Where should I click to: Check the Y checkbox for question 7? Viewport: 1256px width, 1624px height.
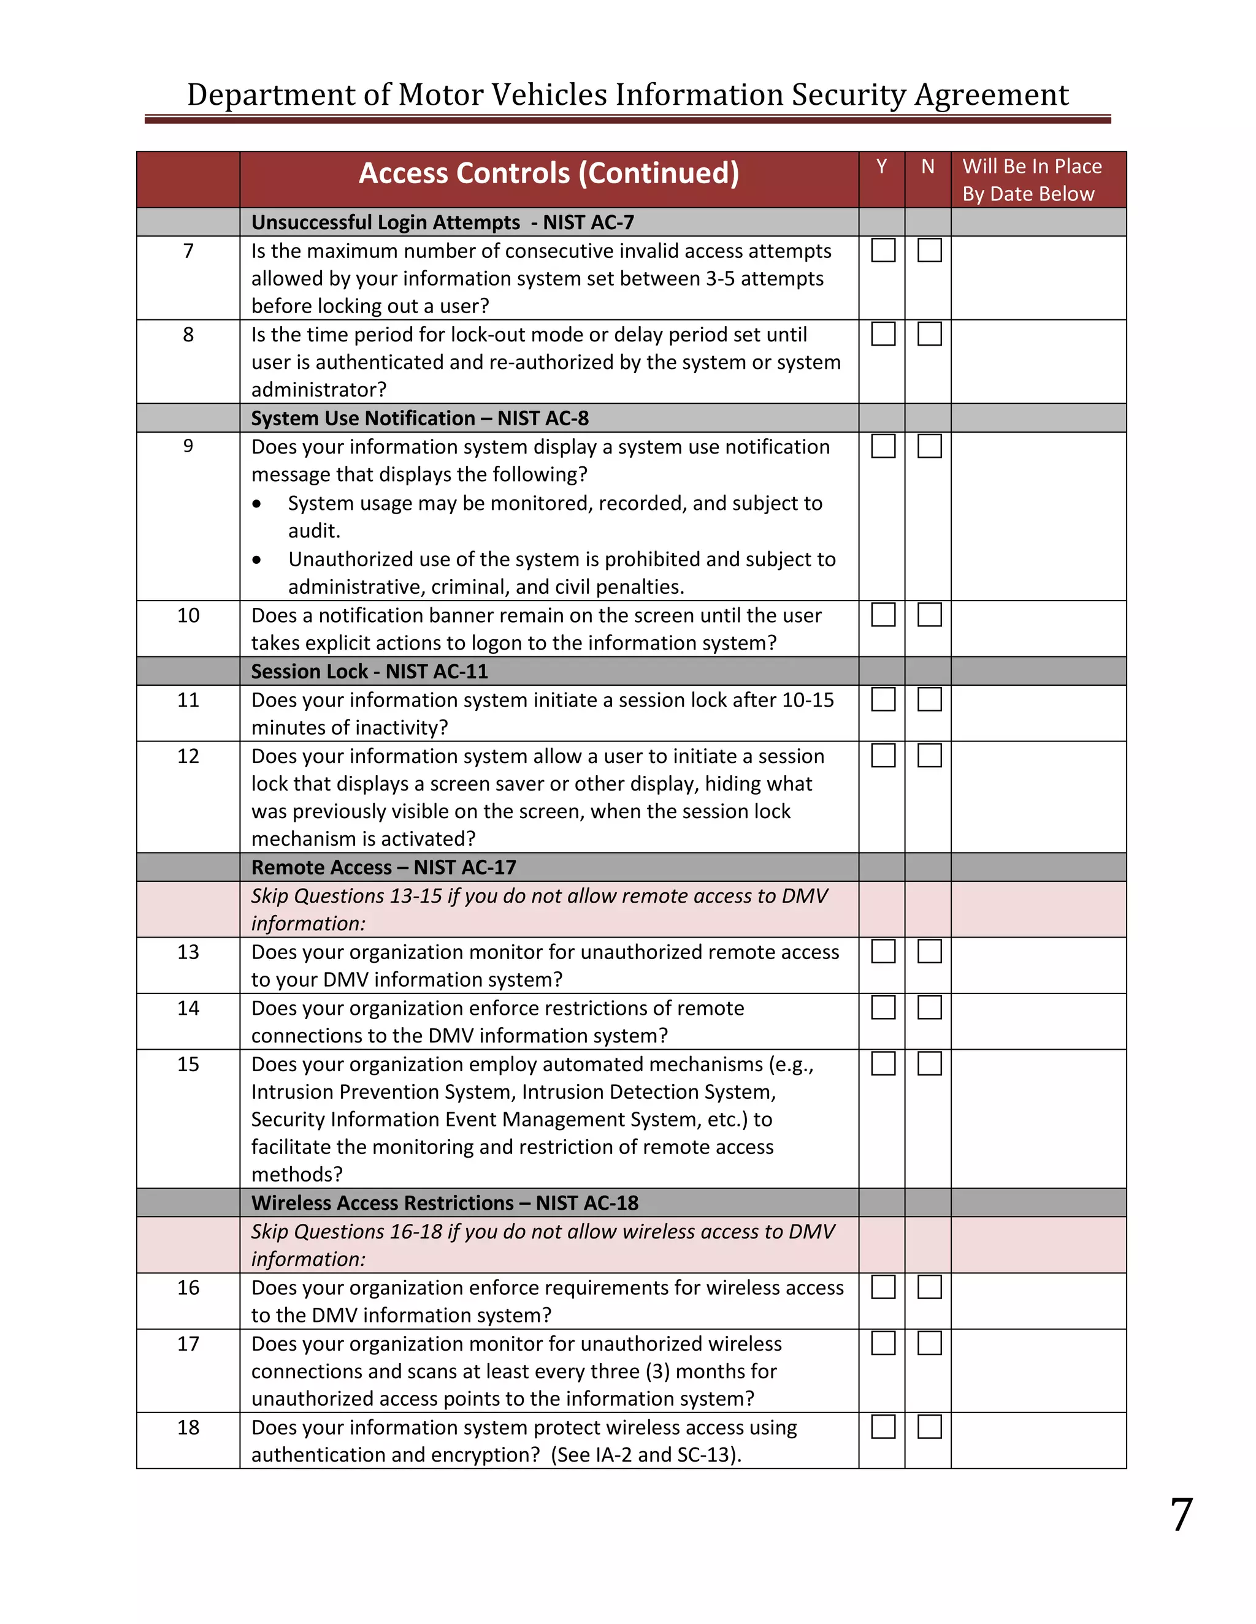click(x=883, y=250)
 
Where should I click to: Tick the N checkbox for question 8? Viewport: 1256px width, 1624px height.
click(x=929, y=334)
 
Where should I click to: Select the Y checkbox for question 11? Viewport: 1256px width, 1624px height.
click(x=883, y=699)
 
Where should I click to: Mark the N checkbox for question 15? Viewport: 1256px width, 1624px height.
click(x=929, y=1063)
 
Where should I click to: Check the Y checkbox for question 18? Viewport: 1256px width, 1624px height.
click(x=883, y=1426)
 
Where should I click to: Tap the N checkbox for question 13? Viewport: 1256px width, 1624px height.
click(x=929, y=951)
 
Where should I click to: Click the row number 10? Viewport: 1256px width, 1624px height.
click(x=188, y=616)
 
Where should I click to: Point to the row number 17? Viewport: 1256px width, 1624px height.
click(x=188, y=1344)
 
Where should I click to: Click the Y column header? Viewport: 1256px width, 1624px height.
click(x=881, y=167)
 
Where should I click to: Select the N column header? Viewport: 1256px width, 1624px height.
click(x=927, y=167)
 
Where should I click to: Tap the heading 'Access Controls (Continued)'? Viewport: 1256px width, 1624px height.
click(x=548, y=173)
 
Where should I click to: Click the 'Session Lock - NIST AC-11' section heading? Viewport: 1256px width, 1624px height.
click(x=369, y=672)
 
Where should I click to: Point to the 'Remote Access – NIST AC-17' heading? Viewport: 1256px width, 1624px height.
click(x=383, y=867)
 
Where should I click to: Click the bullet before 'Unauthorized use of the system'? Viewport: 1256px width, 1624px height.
click(x=257, y=560)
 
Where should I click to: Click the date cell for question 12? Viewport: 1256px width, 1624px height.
click(x=1038, y=797)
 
